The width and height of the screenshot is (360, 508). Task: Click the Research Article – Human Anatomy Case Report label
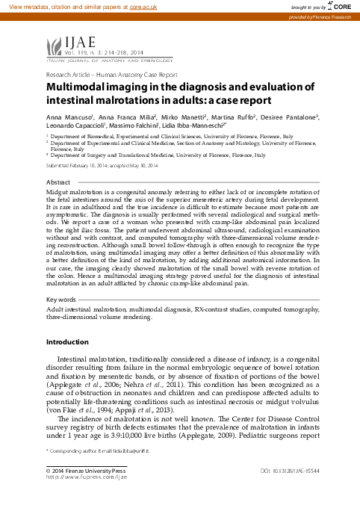point(112,75)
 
